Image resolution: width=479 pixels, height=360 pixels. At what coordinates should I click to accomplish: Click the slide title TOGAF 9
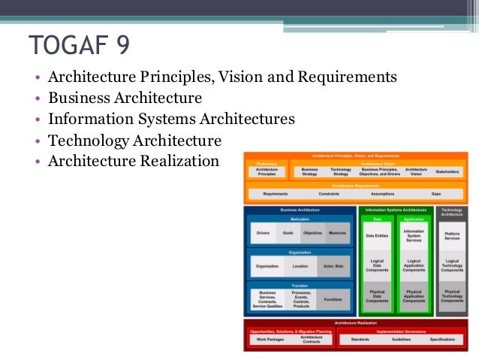point(79,45)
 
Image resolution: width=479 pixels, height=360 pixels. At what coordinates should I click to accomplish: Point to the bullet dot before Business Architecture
point(37,98)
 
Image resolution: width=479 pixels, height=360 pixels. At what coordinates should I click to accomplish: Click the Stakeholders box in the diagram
point(447,171)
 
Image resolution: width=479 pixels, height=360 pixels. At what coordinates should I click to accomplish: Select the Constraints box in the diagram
point(328,193)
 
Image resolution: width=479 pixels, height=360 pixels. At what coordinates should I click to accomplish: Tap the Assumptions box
point(382,193)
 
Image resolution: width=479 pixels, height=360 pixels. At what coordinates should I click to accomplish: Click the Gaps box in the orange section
point(436,193)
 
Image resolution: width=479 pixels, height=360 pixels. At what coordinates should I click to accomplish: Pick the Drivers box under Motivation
point(262,234)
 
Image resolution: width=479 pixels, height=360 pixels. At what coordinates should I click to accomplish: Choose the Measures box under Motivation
point(337,234)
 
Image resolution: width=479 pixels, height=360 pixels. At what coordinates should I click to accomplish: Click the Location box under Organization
point(300,266)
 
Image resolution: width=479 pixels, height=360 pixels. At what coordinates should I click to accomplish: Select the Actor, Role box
point(333,266)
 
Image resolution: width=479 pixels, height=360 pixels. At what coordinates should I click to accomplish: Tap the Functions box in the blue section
point(333,299)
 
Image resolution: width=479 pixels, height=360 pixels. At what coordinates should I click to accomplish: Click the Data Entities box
point(377,236)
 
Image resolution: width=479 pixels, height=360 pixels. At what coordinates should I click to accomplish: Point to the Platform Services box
point(452,236)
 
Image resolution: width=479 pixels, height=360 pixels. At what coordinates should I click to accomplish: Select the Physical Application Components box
point(414,295)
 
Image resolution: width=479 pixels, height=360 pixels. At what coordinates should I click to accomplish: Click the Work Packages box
point(270,340)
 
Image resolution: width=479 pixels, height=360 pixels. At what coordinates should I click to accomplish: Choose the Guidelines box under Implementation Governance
point(402,340)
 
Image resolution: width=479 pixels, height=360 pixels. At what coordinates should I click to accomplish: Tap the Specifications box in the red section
point(442,340)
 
